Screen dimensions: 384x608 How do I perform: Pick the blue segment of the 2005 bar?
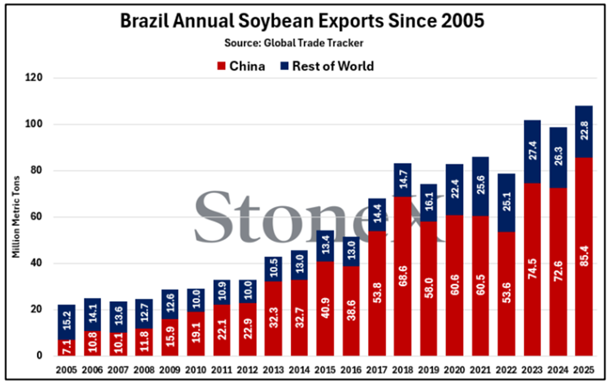67,322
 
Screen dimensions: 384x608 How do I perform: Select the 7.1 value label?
67,347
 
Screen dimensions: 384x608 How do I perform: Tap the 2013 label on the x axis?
273,369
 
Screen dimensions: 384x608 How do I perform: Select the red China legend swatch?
221,66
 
